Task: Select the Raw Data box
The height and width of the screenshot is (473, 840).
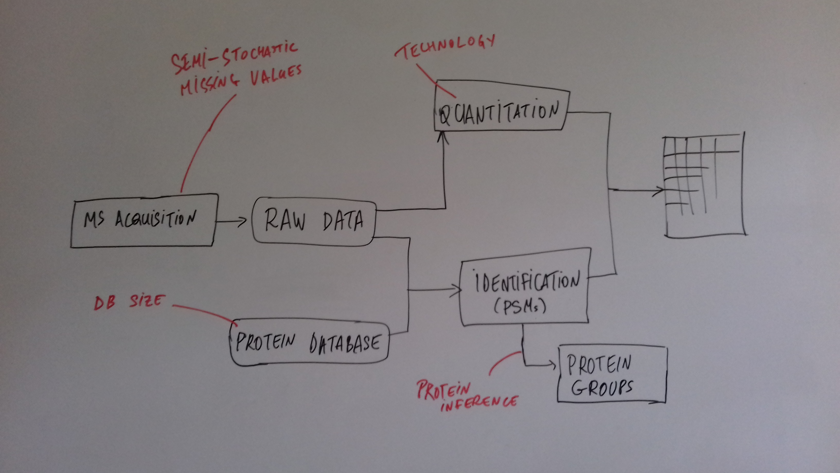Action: [314, 221]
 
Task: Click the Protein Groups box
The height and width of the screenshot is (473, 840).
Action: [612, 374]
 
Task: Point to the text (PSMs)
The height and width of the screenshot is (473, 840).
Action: [520, 307]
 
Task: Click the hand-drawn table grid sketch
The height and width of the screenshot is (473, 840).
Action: [704, 184]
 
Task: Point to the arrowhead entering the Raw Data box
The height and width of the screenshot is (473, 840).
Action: [242, 222]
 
